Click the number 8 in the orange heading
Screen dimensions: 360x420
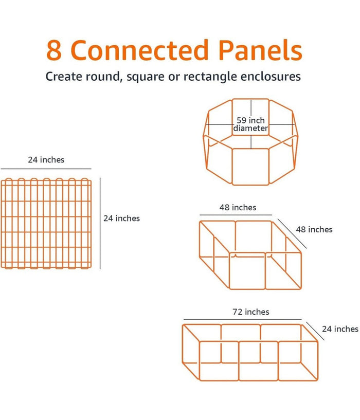[54, 50]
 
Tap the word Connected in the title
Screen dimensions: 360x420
[139, 50]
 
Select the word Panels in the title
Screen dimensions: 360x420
[261, 50]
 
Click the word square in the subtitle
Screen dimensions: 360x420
[146, 77]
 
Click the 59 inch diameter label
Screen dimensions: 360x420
[250, 124]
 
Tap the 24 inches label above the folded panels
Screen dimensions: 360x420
[46, 160]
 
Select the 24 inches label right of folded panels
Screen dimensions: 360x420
[122, 218]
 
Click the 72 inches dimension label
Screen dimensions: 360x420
[251, 312]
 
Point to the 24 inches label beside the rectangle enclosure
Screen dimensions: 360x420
[340, 329]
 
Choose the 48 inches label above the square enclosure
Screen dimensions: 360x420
[238, 208]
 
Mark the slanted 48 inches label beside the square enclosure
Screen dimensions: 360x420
[314, 230]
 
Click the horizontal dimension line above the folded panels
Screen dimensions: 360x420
[46, 169]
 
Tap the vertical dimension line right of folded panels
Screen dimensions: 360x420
[100, 223]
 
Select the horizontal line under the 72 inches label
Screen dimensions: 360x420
[243, 319]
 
